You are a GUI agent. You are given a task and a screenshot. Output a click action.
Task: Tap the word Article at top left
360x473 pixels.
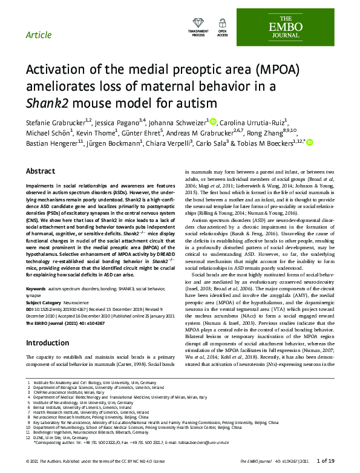pyautogui.click(x=39, y=34)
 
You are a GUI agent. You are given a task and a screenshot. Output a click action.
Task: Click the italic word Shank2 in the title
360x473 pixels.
pyautogui.click(x=46, y=102)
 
